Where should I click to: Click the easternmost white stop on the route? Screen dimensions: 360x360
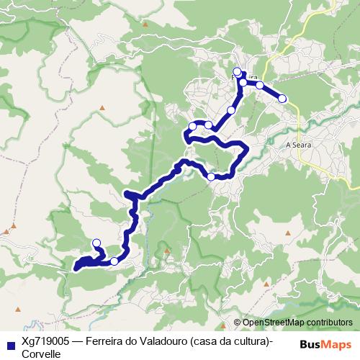pyautogui.click(x=282, y=98)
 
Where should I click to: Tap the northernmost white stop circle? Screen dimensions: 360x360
pyautogui.click(x=237, y=71)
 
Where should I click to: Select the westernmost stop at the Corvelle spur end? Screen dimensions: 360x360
pyautogui.click(x=96, y=243)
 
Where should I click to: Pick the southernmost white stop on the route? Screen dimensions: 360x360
pyautogui.click(x=114, y=261)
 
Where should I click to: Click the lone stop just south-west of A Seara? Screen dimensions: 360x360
pyautogui.click(x=211, y=176)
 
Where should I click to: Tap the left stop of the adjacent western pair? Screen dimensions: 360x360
pyautogui.click(x=192, y=127)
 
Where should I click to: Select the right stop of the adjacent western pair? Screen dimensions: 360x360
pyautogui.click(x=208, y=125)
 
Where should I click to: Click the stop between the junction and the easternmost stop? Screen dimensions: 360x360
pyautogui.click(x=259, y=85)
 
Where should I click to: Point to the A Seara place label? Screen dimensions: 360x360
pyautogui.click(x=298, y=144)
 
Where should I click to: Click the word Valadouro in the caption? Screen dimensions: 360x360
pyautogui.click(x=163, y=341)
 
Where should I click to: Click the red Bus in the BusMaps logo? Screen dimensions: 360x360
pyautogui.click(x=310, y=344)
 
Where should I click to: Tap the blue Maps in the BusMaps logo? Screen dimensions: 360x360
pyautogui.click(x=337, y=344)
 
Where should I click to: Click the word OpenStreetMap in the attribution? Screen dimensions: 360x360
pyautogui.click(x=275, y=323)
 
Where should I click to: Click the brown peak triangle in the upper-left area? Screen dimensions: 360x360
pyautogui.click(x=103, y=108)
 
